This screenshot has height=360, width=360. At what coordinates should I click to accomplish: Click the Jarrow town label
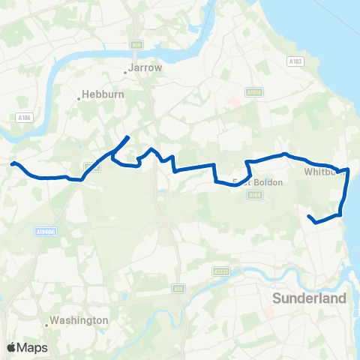pos(145,67)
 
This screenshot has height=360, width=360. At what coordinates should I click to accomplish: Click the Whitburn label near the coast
pos(322,172)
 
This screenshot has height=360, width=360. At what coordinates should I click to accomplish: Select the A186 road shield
pos(23,117)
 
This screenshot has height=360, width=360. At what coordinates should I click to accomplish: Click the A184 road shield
pos(256,195)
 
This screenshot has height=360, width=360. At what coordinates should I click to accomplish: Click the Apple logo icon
pos(12,347)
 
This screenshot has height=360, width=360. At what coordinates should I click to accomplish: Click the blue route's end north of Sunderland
pos(309,216)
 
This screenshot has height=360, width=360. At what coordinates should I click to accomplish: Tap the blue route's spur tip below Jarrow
pos(128,136)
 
